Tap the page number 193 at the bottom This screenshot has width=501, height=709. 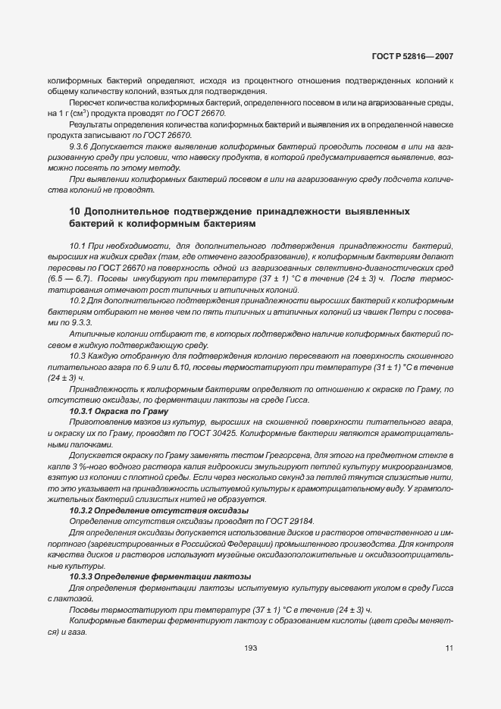(x=250, y=648)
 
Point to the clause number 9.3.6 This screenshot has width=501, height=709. (x=81, y=146)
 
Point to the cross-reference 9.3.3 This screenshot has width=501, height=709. (x=81, y=323)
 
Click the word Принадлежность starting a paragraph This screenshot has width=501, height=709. (x=99, y=388)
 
